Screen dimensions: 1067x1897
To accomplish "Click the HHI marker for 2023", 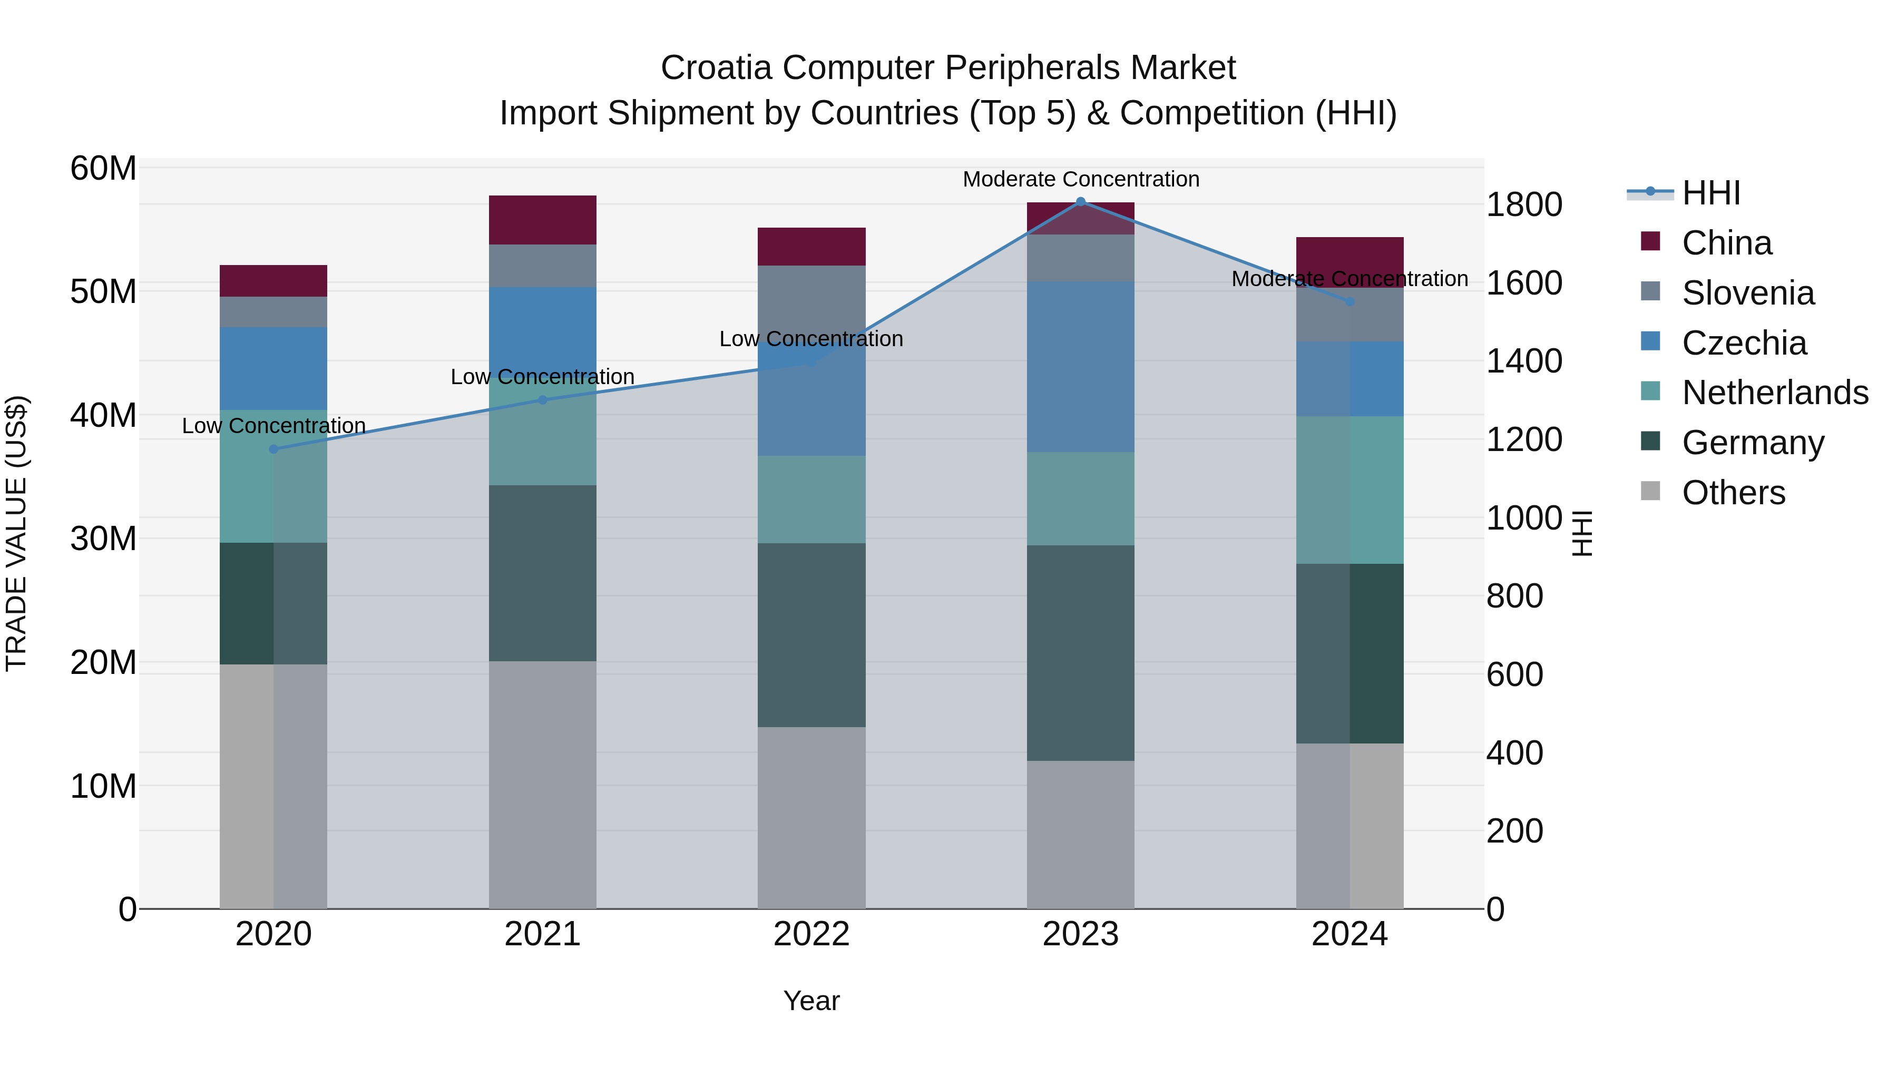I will pyautogui.click(x=1080, y=202).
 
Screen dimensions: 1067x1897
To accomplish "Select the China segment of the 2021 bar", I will pyautogui.click(x=542, y=219).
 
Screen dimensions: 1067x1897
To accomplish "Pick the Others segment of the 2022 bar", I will pyautogui.click(x=811, y=817).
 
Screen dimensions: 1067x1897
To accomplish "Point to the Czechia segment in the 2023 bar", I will pyautogui.click(x=1080, y=366).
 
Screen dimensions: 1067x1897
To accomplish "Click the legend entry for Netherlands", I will pyautogui.click(x=1775, y=393).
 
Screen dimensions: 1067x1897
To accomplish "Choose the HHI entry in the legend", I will pyautogui.click(x=1710, y=193).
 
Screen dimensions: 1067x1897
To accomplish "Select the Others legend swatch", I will pyautogui.click(x=1650, y=491).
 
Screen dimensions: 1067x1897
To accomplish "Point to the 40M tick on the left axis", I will pyautogui.click(x=103, y=415).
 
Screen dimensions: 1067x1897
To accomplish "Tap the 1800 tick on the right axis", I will pyautogui.click(x=1523, y=205).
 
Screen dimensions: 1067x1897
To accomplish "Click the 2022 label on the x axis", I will pyautogui.click(x=811, y=934).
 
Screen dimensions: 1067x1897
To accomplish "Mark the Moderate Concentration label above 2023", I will pyautogui.click(x=1080, y=179).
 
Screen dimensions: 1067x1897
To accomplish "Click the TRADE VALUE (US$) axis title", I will pyautogui.click(x=16, y=533).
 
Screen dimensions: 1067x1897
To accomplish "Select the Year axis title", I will pyautogui.click(x=811, y=1001).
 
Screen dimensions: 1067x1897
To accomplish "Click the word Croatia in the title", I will pyautogui.click(x=716, y=68).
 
